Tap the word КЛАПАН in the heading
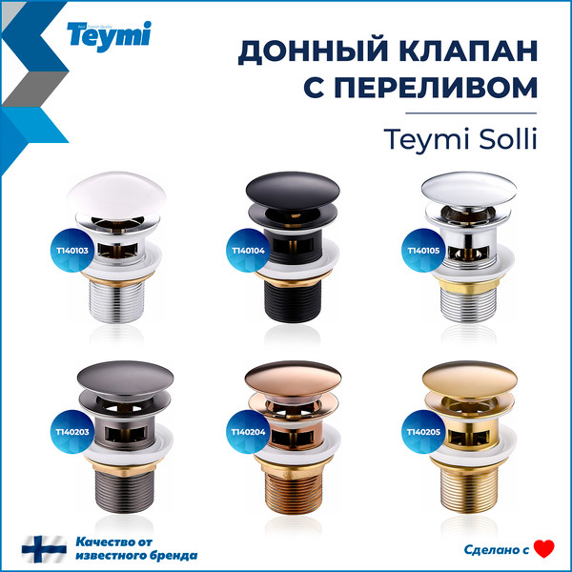459,51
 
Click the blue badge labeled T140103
72,251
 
